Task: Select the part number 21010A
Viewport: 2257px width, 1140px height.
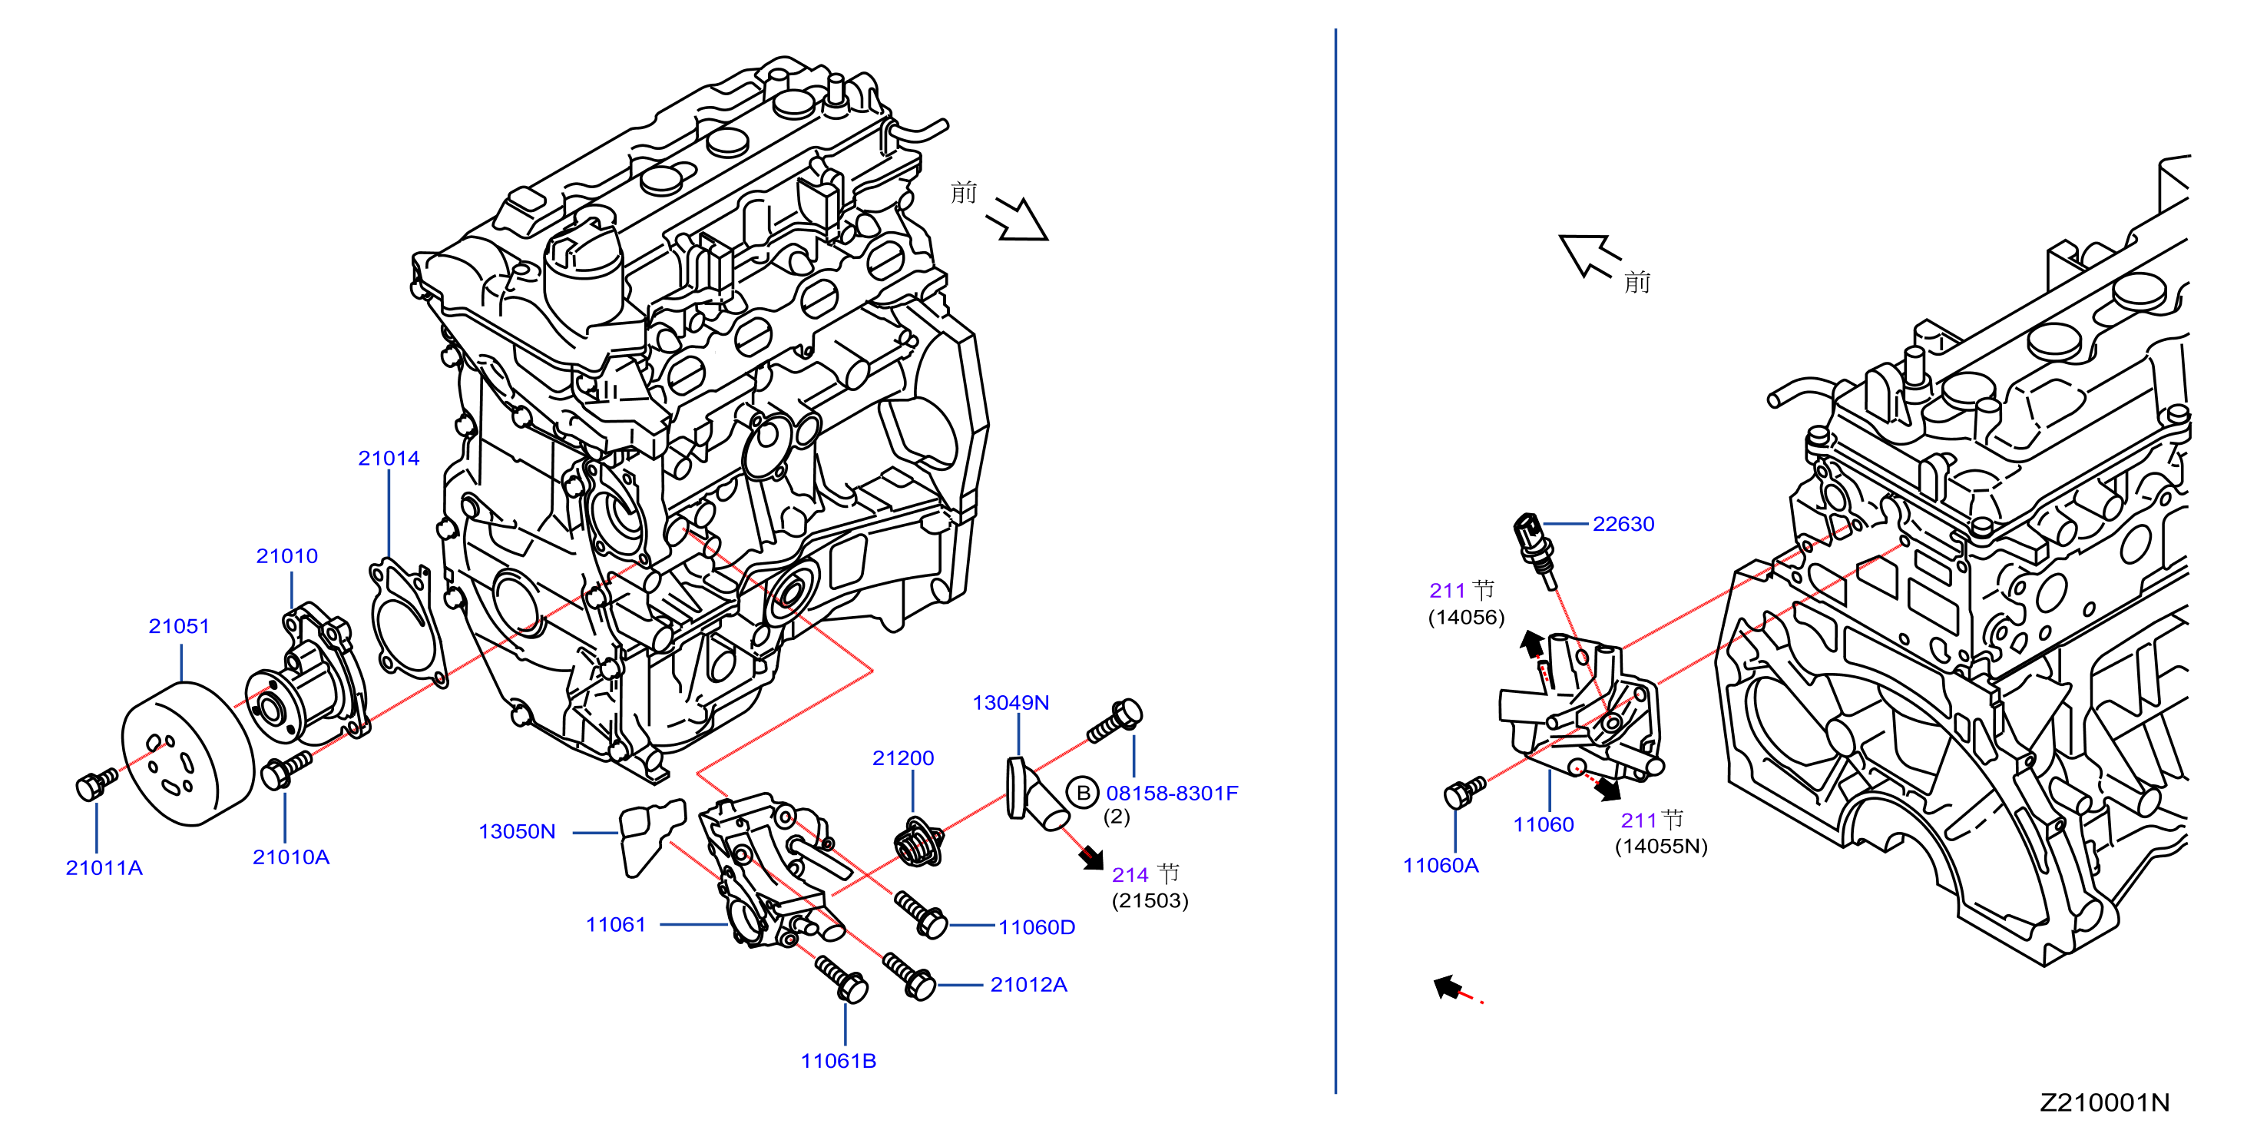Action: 291,857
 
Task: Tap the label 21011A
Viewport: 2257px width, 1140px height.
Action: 104,867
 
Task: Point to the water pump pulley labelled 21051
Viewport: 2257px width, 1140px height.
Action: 187,754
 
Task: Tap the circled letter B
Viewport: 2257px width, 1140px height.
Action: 1083,792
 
